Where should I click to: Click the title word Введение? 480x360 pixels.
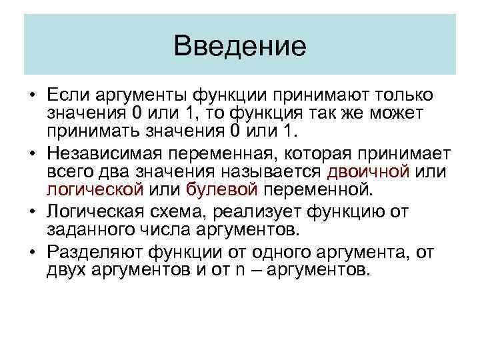(x=239, y=46)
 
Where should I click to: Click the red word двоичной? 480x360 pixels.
(x=368, y=173)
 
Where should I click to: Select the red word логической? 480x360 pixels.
(x=95, y=189)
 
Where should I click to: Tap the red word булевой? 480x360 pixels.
(x=221, y=189)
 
